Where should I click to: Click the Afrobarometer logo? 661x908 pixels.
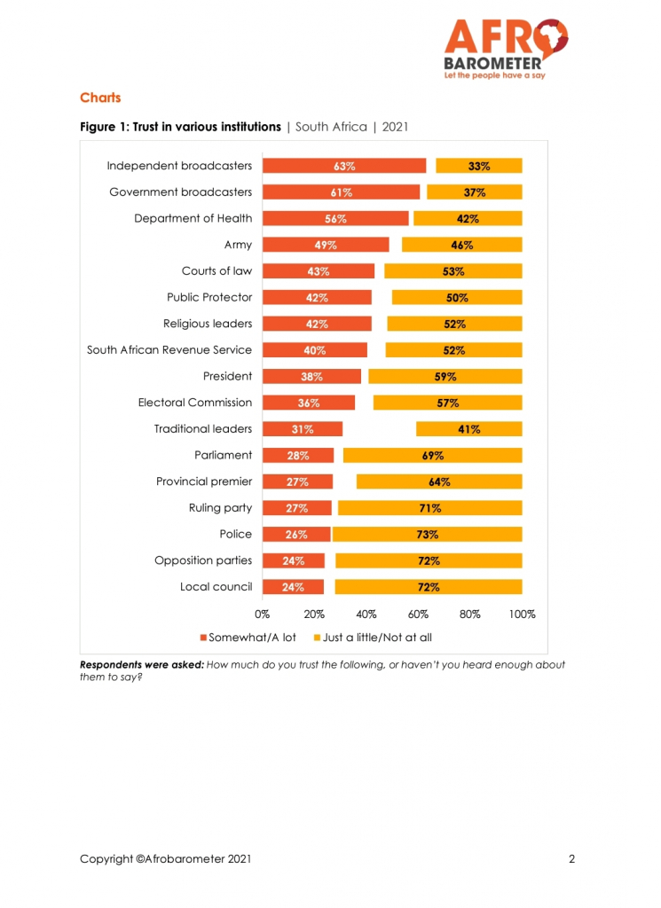point(506,50)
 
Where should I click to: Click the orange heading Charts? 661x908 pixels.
point(100,98)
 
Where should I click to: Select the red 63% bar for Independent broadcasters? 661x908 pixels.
point(344,166)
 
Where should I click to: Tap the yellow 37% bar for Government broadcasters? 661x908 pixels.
point(475,192)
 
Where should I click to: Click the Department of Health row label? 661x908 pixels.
point(193,218)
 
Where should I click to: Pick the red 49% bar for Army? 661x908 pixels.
point(326,245)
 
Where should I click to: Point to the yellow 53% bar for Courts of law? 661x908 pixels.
point(453,271)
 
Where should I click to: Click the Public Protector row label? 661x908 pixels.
point(209,297)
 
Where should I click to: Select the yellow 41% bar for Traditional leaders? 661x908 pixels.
point(469,429)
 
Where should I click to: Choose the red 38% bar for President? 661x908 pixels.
point(311,376)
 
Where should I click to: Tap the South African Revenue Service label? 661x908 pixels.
point(169,349)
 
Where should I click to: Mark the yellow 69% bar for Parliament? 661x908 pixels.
point(433,455)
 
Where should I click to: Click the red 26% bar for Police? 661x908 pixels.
point(296,534)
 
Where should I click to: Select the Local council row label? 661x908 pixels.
point(216,587)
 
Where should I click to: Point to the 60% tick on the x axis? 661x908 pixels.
point(418,614)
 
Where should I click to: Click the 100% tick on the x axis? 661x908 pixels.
point(522,614)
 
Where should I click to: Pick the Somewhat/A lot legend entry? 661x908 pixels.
point(248,638)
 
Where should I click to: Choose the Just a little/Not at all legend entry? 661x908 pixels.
point(373,638)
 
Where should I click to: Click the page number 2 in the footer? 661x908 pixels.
point(571,858)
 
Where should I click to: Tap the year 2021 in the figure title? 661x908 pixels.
point(395,127)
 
